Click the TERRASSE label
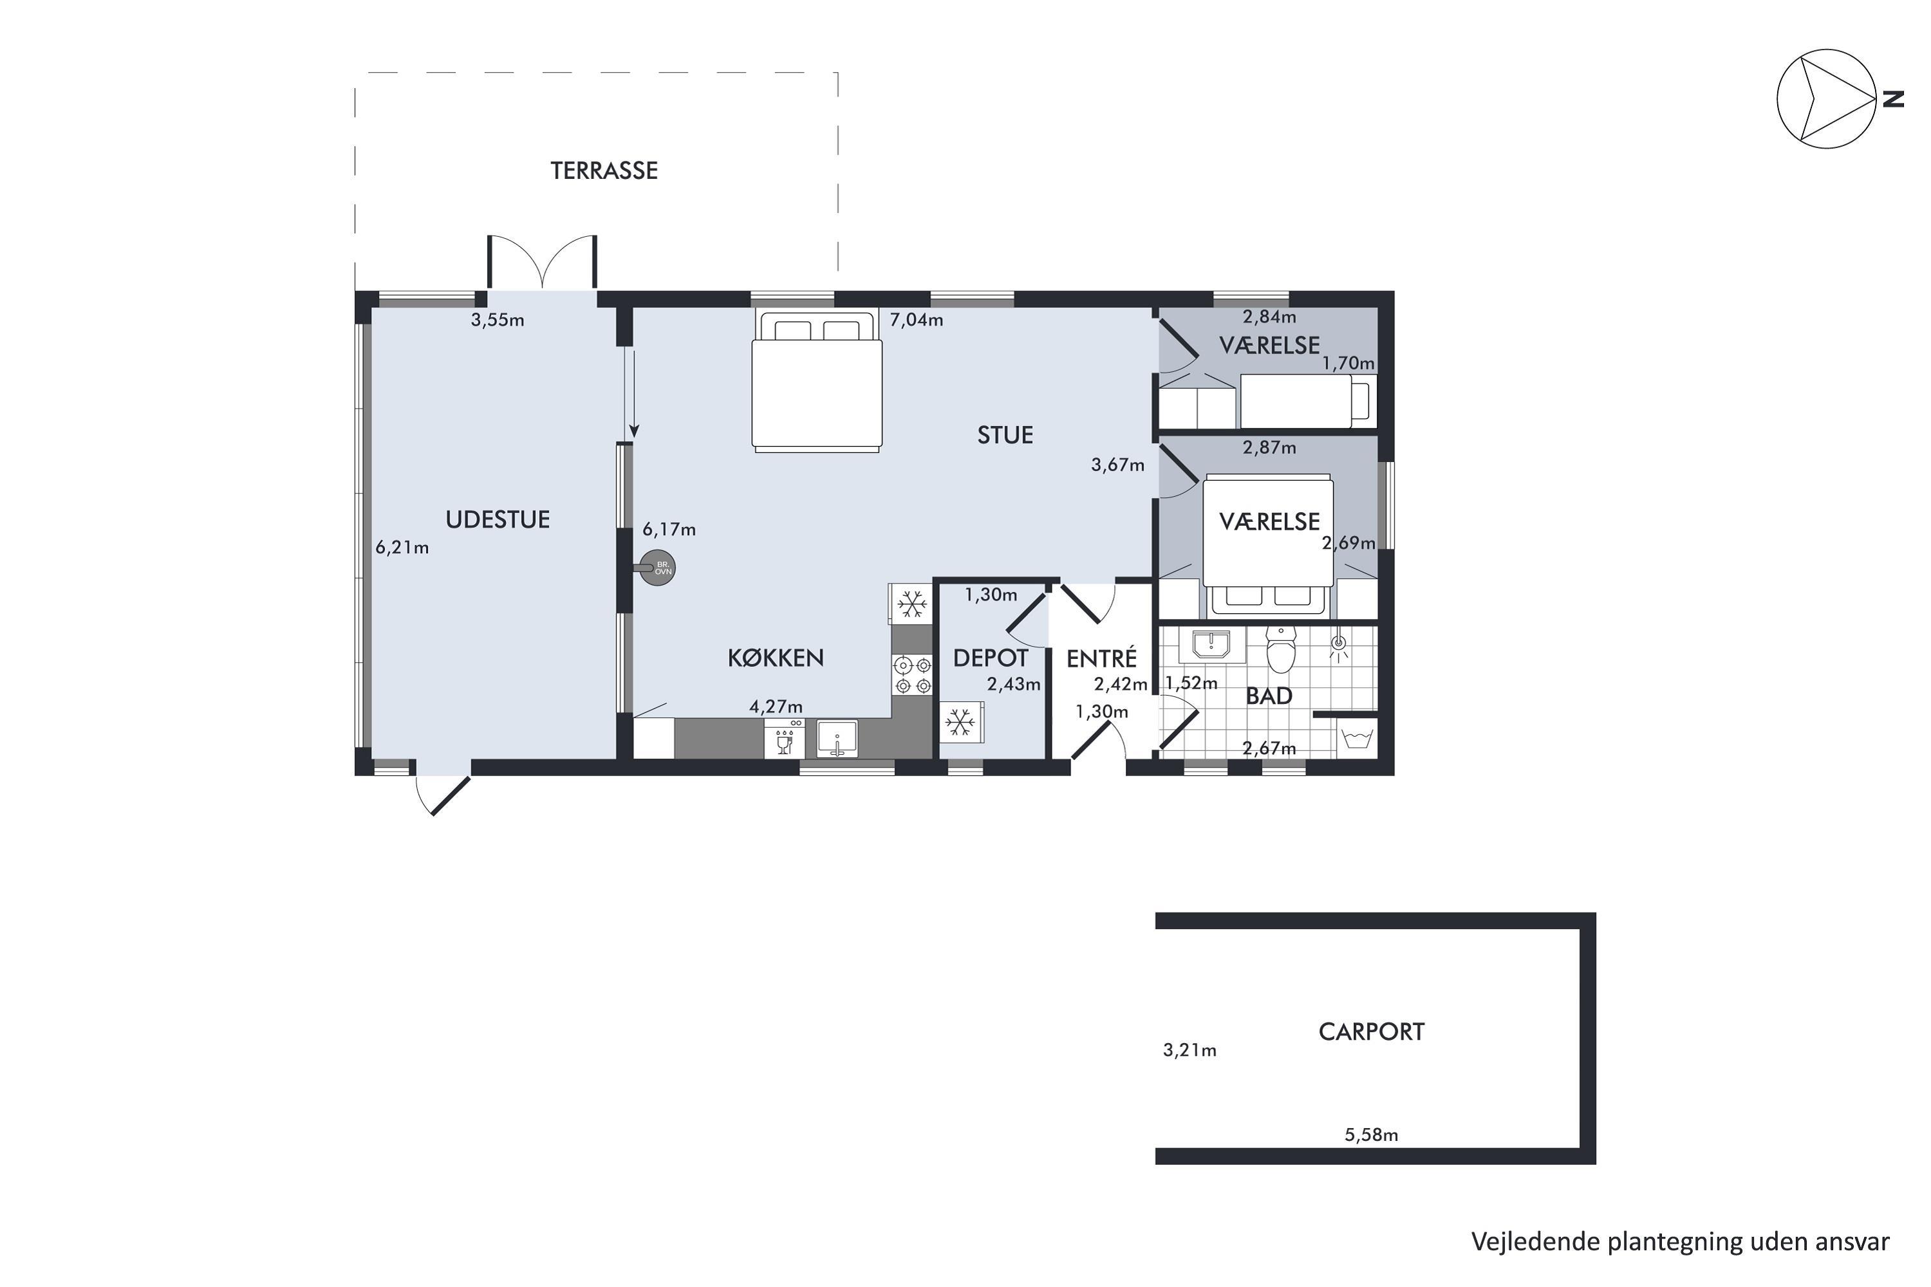point(604,171)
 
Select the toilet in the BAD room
point(1281,649)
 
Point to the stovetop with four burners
point(913,674)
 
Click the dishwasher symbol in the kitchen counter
point(784,739)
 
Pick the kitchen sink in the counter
point(837,739)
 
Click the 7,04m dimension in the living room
point(916,320)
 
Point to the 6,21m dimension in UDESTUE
point(402,548)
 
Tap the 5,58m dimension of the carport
point(1371,1135)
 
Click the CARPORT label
point(1371,1032)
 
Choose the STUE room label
point(1005,435)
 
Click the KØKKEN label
point(776,658)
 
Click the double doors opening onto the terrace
point(542,263)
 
